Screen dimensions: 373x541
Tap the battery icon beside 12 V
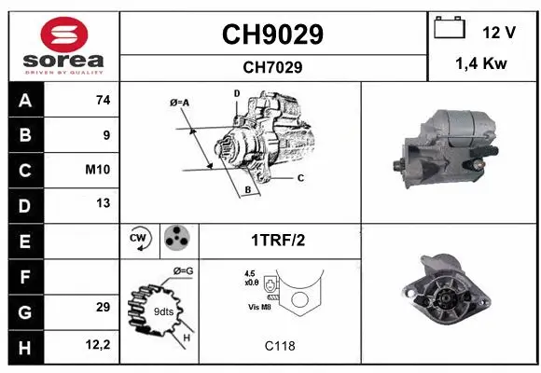coord(450,29)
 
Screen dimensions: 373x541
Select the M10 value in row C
coord(99,170)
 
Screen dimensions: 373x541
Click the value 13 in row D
coord(103,203)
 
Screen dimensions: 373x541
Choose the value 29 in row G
coord(103,307)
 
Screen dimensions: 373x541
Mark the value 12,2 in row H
coord(99,344)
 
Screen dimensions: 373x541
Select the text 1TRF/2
coord(277,240)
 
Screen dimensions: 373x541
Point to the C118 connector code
coord(279,346)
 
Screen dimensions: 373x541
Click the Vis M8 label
coord(258,306)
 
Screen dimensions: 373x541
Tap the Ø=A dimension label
coord(179,103)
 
